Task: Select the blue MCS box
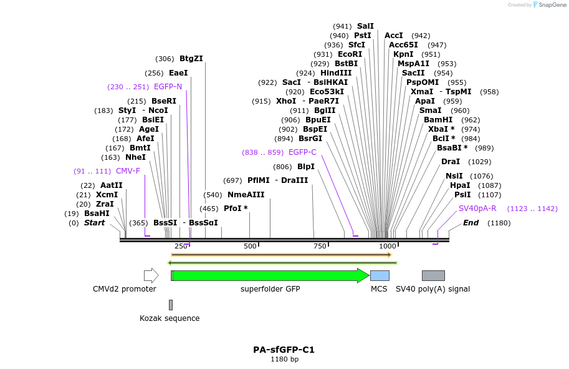pyautogui.click(x=380, y=275)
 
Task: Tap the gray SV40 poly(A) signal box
pyautogui.click(x=433, y=275)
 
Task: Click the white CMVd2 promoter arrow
pyautogui.click(x=151, y=275)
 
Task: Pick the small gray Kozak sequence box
pyautogui.click(x=171, y=305)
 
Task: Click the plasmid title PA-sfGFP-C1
pyautogui.click(x=284, y=350)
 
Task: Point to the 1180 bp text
pyautogui.click(x=284, y=360)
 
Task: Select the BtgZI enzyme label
pyautogui.click(x=191, y=59)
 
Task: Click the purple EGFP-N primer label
pyautogui.click(x=168, y=87)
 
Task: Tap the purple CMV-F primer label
pyautogui.click(x=128, y=170)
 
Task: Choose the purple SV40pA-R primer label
pyautogui.click(x=477, y=209)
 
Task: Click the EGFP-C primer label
pyautogui.click(x=302, y=152)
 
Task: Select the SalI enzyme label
pyautogui.click(x=365, y=26)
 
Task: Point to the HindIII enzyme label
pyautogui.click(x=336, y=73)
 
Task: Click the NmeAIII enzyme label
pyautogui.click(x=246, y=195)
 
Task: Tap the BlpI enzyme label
pyautogui.click(x=306, y=167)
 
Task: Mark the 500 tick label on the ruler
pyautogui.click(x=250, y=246)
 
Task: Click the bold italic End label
pyautogui.click(x=471, y=223)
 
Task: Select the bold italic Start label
pyautogui.click(x=95, y=223)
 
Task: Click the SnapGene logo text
pyautogui.click(x=550, y=5)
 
